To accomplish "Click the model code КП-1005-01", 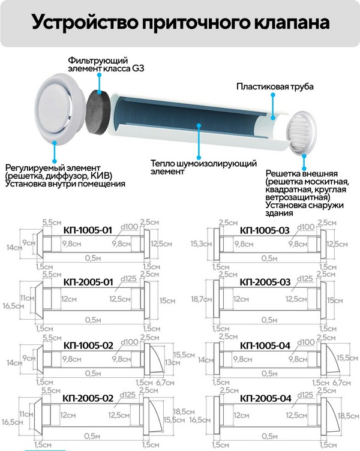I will click(88, 230).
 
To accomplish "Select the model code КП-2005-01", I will click(88, 281).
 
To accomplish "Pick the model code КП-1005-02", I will click(88, 346).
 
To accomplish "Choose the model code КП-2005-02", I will click(88, 398).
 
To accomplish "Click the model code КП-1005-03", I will click(265, 230).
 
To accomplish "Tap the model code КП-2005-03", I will click(265, 281).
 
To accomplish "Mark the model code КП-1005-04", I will click(265, 346).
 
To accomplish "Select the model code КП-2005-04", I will click(265, 398).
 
